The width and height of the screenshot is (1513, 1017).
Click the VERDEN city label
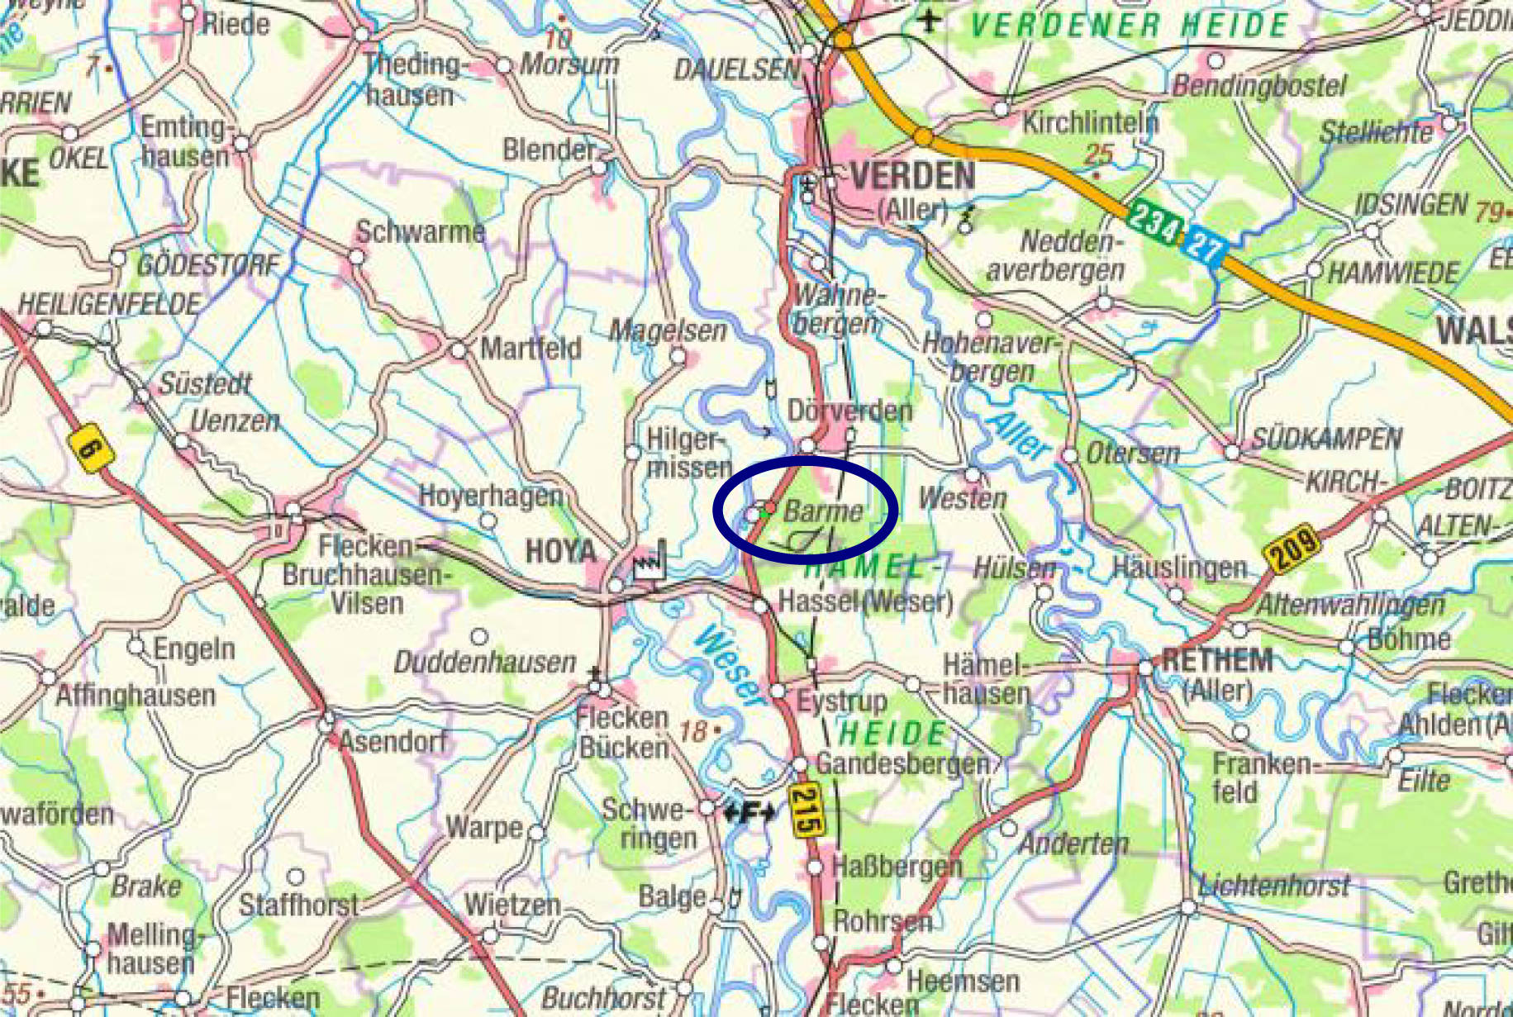pyautogui.click(x=912, y=176)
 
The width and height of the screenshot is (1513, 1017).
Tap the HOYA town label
pyautogui.click(x=560, y=551)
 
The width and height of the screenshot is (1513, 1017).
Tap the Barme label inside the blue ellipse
pyautogui.click(x=823, y=511)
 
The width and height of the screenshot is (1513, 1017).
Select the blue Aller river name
pyautogui.click(x=1019, y=434)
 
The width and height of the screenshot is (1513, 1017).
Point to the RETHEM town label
pyautogui.click(x=1216, y=661)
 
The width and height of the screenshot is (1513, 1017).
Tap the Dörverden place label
pyautogui.click(x=849, y=411)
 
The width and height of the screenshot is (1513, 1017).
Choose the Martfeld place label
pyautogui.click(x=531, y=348)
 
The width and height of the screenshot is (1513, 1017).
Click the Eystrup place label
pyautogui.click(x=841, y=702)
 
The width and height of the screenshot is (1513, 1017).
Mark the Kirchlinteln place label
pyautogui.click(x=1090, y=123)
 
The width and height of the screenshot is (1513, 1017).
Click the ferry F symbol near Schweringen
pyautogui.click(x=748, y=813)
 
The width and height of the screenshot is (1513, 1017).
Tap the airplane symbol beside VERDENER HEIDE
pyautogui.click(x=930, y=20)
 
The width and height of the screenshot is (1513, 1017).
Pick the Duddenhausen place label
pyautogui.click(x=484, y=662)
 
